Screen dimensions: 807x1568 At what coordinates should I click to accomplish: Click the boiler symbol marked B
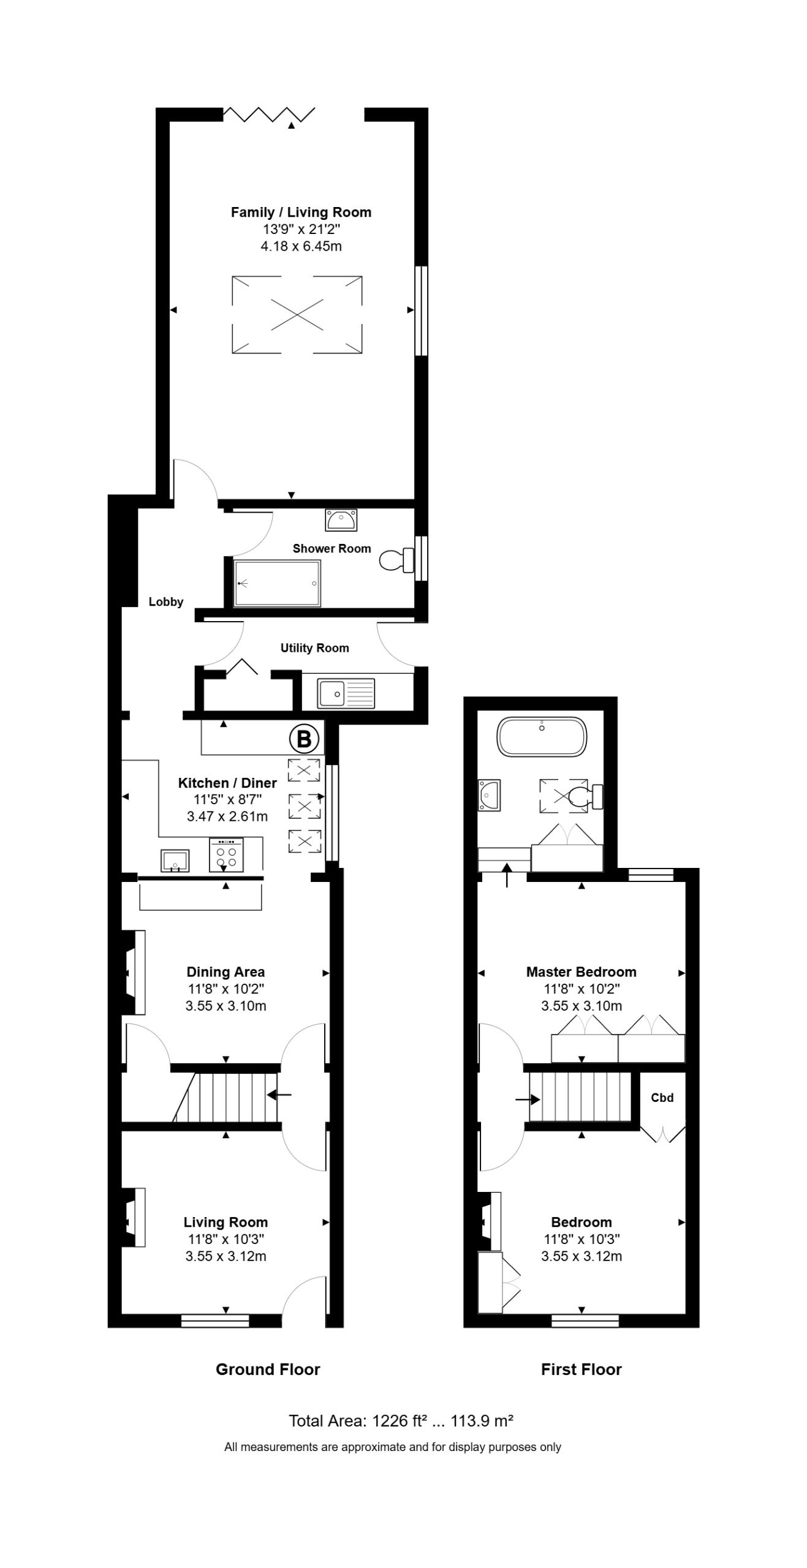pyautogui.click(x=304, y=739)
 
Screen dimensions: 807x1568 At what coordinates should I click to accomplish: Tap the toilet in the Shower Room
pyautogui.click(x=396, y=559)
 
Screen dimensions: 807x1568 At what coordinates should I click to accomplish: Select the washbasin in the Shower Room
pyautogui.click(x=341, y=520)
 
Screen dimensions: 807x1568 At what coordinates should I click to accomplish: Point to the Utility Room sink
pyautogui.click(x=346, y=692)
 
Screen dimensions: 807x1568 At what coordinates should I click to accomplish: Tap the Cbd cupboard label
pyautogui.click(x=662, y=1098)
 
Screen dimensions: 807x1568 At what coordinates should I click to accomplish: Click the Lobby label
pyautogui.click(x=166, y=601)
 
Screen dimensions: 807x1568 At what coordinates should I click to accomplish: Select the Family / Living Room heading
pyautogui.click(x=301, y=212)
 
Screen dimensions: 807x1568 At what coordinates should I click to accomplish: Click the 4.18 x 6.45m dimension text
pyautogui.click(x=301, y=246)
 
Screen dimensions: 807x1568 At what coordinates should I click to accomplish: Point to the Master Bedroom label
pyautogui.click(x=581, y=971)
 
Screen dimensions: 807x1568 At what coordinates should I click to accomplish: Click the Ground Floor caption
pyautogui.click(x=268, y=1369)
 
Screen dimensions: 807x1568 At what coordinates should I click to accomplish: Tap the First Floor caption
pyautogui.click(x=581, y=1369)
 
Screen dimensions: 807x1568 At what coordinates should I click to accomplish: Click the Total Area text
pyautogui.click(x=401, y=1420)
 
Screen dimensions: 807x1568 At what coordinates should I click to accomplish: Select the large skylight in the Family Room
pyautogui.click(x=297, y=315)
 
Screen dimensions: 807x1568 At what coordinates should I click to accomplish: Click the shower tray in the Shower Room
pyautogui.click(x=277, y=582)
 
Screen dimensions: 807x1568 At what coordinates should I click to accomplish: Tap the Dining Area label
pyautogui.click(x=225, y=971)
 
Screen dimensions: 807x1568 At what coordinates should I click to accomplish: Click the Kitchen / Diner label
pyautogui.click(x=227, y=782)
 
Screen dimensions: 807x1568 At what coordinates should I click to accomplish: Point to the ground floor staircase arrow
pyautogui.click(x=279, y=1095)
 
